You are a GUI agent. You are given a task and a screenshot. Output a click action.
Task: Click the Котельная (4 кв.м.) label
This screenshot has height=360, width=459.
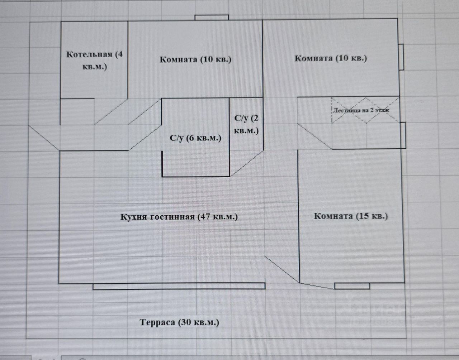(95, 61)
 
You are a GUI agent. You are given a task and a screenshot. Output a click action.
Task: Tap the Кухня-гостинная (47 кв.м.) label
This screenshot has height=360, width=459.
(179, 217)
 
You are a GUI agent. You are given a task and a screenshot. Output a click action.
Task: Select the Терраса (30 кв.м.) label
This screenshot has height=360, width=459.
(179, 322)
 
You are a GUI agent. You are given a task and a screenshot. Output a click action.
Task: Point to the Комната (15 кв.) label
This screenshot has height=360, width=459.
(351, 216)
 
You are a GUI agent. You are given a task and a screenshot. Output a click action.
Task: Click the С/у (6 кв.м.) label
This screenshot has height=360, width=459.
(195, 138)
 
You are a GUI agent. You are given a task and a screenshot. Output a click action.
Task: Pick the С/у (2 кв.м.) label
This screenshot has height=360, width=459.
(246, 124)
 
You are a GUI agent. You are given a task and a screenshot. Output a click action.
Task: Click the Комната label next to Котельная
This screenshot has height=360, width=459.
(195, 59)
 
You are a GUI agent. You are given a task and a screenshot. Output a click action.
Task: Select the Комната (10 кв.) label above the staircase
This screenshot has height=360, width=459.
(331, 58)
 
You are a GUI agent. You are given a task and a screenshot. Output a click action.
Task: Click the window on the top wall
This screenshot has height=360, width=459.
(212, 18)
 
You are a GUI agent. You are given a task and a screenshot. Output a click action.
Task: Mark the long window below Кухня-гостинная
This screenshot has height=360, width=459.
(179, 286)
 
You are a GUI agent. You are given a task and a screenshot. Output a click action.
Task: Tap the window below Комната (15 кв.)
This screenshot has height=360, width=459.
(352, 286)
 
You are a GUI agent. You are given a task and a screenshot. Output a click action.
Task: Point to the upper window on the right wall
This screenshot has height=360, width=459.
(402, 57)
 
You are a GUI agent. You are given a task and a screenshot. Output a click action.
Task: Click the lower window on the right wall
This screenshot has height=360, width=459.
(403, 135)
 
